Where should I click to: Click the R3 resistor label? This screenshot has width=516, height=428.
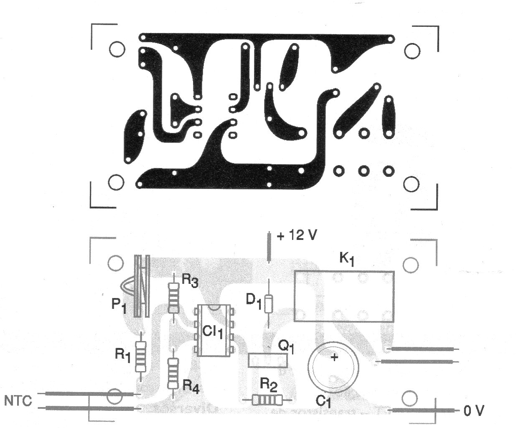[x=189, y=281]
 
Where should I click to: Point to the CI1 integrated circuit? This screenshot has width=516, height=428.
[x=213, y=330]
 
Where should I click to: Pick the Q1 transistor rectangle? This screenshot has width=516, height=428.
[x=268, y=360]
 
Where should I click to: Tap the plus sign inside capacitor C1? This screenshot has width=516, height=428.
[x=334, y=357]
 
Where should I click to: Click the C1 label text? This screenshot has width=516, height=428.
[x=323, y=402]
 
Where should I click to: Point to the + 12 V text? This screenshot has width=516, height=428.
[x=297, y=236]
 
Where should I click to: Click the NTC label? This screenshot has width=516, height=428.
[x=18, y=401]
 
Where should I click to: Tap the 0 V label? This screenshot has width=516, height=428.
[x=473, y=411]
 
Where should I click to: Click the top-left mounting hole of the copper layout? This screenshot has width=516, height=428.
[x=117, y=49]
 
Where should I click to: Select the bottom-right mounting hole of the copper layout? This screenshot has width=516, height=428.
[x=412, y=183]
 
